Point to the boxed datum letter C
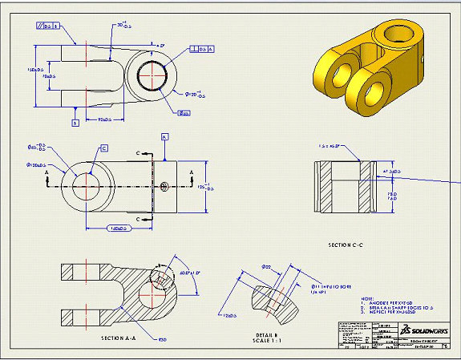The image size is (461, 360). click(104, 148)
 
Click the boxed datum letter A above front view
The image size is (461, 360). click(164, 137)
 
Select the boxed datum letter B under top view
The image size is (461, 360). click(75, 123)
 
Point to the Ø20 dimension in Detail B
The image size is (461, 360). click(266, 266)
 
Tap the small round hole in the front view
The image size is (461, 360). click(164, 187)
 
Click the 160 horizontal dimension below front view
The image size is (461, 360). click(116, 229)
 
